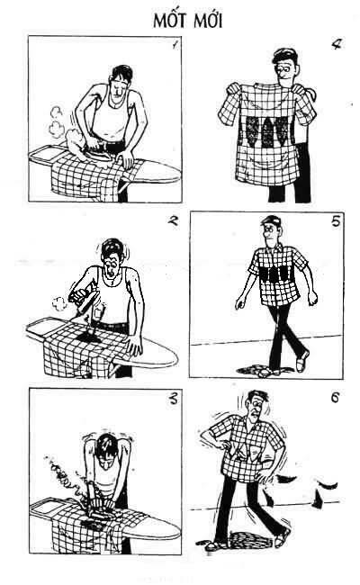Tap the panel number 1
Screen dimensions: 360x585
(x=175, y=45)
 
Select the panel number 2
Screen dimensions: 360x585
(x=173, y=220)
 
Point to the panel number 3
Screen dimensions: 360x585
(x=173, y=400)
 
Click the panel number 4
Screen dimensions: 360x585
(x=336, y=44)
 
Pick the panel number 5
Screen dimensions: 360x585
(x=336, y=221)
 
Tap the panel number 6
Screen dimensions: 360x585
(x=335, y=398)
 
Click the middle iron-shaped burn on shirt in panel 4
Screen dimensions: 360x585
(x=267, y=132)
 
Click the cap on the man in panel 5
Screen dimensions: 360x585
(x=271, y=220)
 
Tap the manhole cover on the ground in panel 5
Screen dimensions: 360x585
(x=264, y=371)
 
